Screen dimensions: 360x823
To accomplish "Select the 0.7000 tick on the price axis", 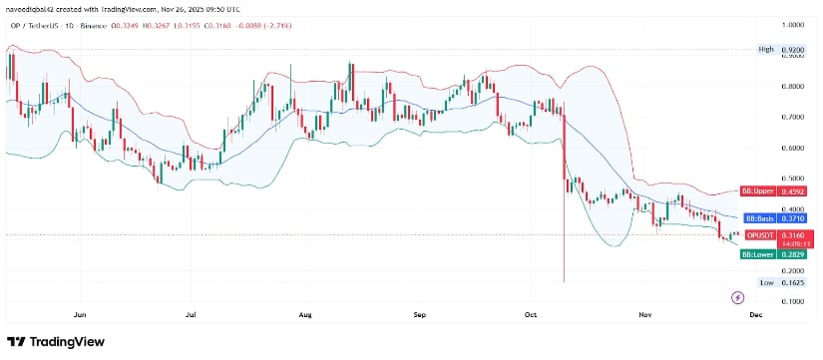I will pos(794,117).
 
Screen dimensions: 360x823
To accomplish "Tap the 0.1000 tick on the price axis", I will pos(794,301).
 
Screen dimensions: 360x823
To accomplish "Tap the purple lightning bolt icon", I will pos(737,297).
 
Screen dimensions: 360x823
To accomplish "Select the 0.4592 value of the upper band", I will pos(794,189).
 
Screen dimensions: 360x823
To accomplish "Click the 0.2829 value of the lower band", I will pos(794,254).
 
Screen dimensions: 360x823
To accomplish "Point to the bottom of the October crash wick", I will pos(565,281).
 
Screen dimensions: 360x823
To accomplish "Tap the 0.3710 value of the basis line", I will pos(794,216).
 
